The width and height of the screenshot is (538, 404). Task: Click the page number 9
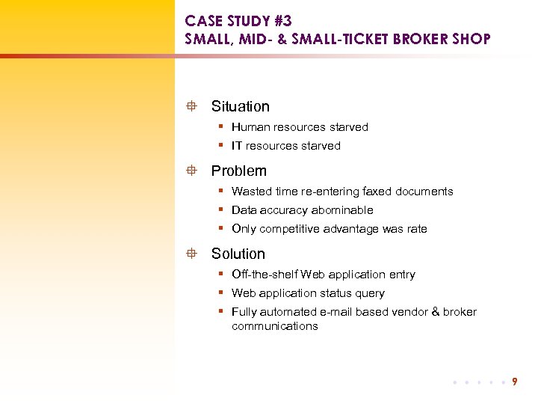[515, 382]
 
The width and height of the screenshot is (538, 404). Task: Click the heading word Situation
[240, 107]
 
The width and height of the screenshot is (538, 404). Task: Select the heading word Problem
[238, 171]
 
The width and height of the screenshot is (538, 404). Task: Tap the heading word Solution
[238, 254]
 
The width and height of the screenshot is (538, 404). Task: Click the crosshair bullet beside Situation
[192, 107]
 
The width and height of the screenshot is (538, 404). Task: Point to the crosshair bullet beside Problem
[192, 171]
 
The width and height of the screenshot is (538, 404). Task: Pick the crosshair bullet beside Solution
[192, 254]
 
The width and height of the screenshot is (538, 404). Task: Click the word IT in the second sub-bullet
[237, 146]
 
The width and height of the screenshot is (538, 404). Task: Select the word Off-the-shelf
[265, 275]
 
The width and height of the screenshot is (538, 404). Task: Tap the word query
[370, 293]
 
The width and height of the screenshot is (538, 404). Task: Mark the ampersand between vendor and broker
[436, 312]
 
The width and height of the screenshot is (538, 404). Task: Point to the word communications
[275, 326]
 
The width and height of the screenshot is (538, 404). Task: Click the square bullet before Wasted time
[222, 191]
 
